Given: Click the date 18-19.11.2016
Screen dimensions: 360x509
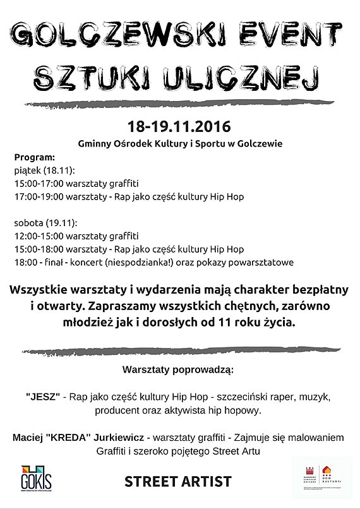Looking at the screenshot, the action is [x=179, y=125].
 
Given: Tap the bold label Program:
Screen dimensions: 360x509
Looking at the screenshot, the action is [x=35, y=157].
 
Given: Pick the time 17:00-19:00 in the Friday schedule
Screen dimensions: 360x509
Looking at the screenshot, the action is [x=39, y=197].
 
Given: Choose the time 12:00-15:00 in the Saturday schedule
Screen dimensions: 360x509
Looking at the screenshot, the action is [x=39, y=236].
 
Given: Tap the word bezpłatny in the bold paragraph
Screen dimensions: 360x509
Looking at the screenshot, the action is [x=311, y=290].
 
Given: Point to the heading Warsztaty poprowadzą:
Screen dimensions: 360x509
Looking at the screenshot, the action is [x=179, y=368].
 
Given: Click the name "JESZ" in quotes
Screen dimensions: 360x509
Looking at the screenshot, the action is [x=43, y=397].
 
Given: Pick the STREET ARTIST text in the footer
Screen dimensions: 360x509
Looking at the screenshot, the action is [x=178, y=482].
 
